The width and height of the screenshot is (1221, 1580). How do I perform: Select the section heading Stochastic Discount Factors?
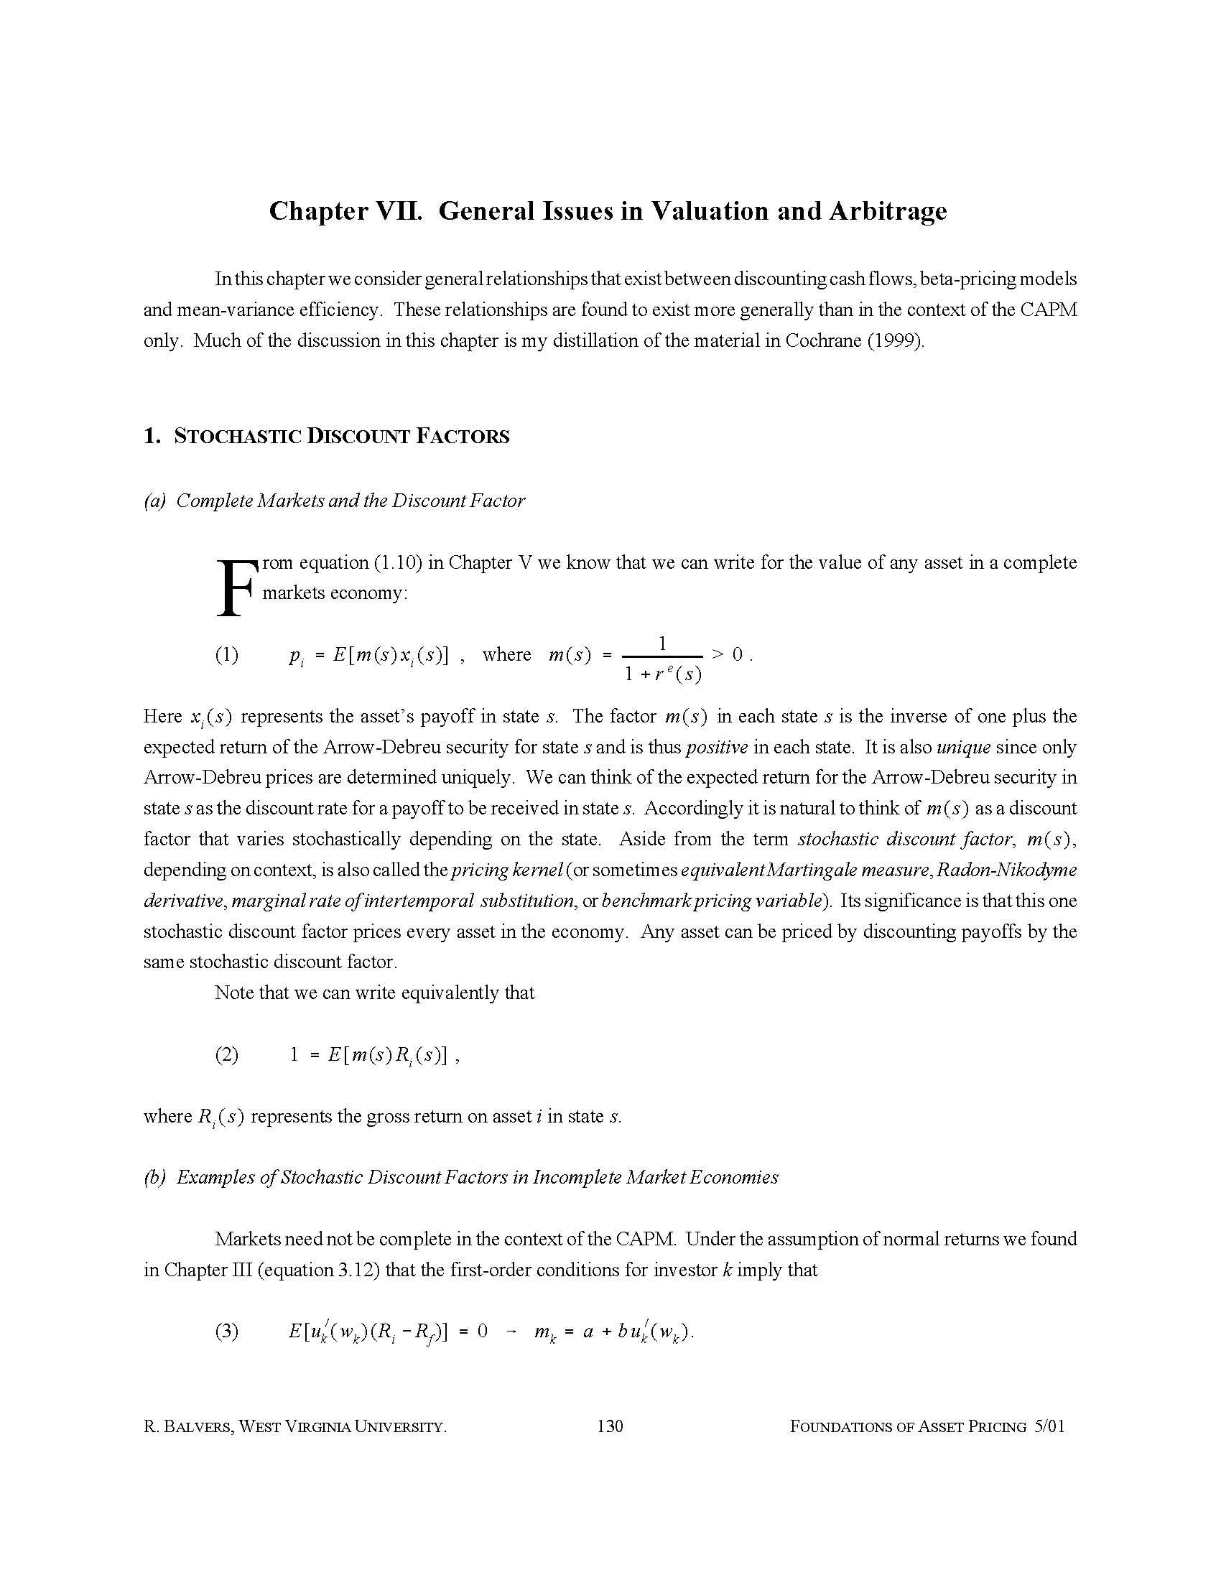326,436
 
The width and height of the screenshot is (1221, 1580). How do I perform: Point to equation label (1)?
226,655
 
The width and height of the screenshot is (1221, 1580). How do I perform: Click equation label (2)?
226,1054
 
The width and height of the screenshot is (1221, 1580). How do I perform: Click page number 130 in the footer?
610,1426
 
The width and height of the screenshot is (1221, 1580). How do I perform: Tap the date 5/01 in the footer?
1049,1426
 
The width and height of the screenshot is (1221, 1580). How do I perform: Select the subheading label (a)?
155,501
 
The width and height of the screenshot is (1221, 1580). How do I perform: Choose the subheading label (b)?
155,1177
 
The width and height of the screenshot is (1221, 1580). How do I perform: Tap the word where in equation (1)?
506,655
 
